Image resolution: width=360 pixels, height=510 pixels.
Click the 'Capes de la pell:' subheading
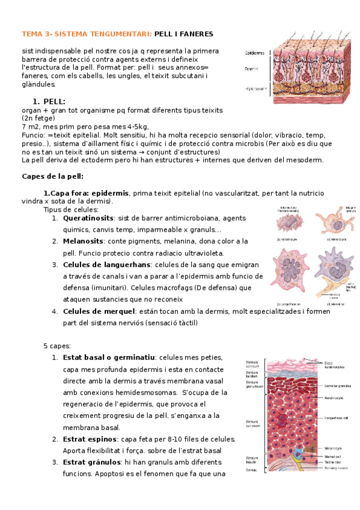pyautogui.click(x=52, y=176)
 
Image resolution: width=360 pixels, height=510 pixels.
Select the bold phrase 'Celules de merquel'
pyautogui.click(x=99, y=312)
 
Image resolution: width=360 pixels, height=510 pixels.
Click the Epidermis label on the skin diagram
pyautogui.click(x=254, y=53)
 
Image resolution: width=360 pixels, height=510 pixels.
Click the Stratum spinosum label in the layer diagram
pyautogui.click(x=252, y=425)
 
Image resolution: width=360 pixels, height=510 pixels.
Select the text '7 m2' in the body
pyautogui.click(x=29, y=127)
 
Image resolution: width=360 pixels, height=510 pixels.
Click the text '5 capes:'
pyautogui.click(x=57, y=346)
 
